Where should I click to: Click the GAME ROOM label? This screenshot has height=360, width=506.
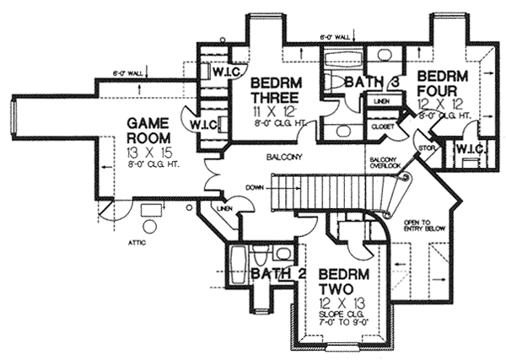150,130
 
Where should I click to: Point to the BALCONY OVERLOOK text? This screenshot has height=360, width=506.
382,164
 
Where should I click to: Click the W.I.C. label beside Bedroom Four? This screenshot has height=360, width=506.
467,149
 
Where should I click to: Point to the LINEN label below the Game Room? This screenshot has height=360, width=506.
223,207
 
